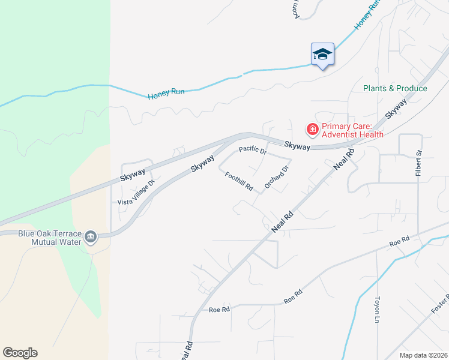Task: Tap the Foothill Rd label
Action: pyautogui.click(x=240, y=182)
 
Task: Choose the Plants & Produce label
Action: pyautogui.click(x=395, y=88)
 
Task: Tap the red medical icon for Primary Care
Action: pyautogui.click(x=312, y=129)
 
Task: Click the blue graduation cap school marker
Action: pyautogui.click(x=322, y=55)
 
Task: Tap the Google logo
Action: pyautogui.click(x=20, y=353)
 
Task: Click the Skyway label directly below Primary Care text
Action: pyautogui.click(x=297, y=145)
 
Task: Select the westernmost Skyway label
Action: pyautogui.click(x=133, y=174)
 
